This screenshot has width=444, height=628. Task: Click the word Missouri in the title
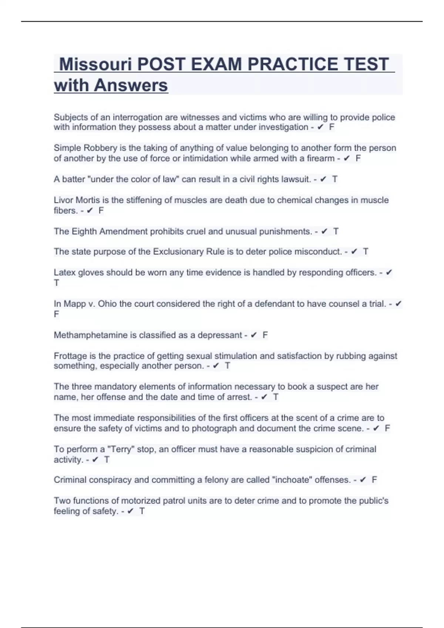[x=95, y=64]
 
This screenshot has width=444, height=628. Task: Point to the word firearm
[x=320, y=158]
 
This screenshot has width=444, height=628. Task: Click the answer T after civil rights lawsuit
[x=334, y=180]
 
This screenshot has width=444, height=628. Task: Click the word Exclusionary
[x=178, y=252]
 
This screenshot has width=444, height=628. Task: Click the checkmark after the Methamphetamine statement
[x=253, y=335]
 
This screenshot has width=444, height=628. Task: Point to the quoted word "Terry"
[x=121, y=450]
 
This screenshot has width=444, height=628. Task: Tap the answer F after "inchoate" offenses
[x=374, y=480]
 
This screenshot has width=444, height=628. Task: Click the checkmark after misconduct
[x=354, y=252]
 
